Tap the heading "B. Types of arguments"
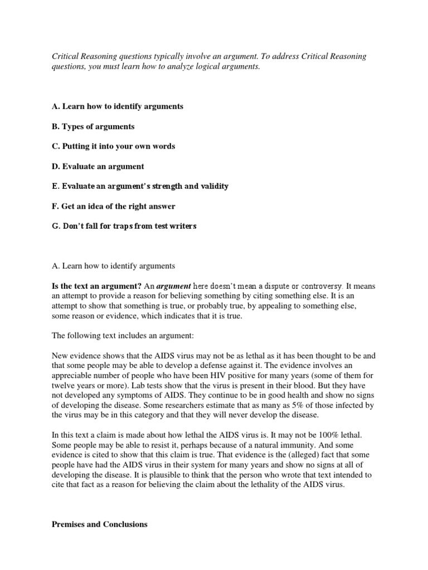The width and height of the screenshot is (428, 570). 93,126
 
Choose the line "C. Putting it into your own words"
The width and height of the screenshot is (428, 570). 113,146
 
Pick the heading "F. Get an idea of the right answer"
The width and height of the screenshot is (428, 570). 113,207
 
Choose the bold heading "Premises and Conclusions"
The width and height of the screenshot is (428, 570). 99,524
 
